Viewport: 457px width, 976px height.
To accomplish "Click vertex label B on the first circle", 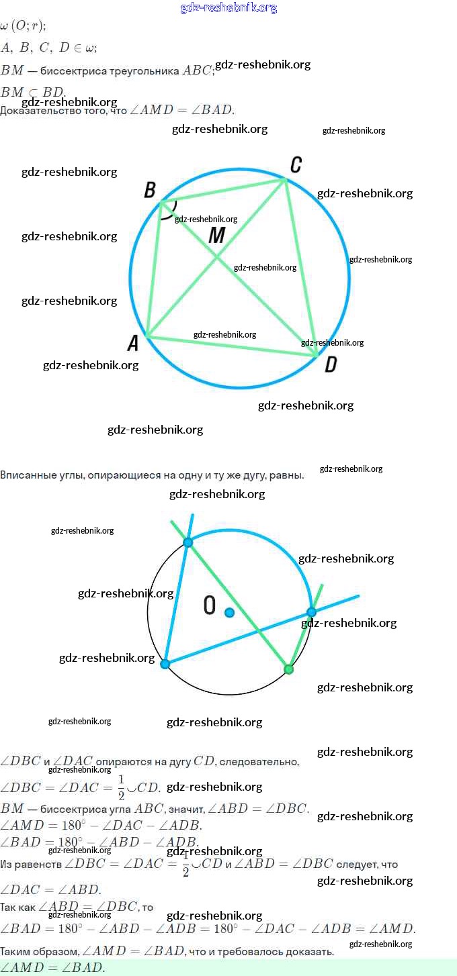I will pos(149,190).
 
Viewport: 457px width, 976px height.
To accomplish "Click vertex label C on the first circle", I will pos(295,165).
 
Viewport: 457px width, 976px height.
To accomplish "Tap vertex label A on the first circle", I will pos(133,344).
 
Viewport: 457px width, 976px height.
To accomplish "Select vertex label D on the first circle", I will pos(331,364).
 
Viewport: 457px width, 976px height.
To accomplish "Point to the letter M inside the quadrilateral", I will pos(216,236).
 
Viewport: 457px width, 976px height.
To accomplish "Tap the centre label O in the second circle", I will pos(210,606).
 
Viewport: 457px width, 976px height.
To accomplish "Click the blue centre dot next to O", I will pos(229,612).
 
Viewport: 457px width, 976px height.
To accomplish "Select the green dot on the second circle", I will pos(288,669).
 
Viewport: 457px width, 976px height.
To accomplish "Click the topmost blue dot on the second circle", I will pos(188,542).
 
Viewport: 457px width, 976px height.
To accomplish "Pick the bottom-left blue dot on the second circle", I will pos(165,664).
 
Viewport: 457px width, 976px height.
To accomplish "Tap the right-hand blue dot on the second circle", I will pos(311,612).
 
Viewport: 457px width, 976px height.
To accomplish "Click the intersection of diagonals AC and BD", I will pos(216,257).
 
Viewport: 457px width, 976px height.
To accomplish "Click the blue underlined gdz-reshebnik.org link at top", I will pos(229,7).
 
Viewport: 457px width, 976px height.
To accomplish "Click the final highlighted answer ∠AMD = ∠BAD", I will pos(52,968).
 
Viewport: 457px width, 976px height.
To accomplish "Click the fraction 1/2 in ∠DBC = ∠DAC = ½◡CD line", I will pos(121,787).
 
